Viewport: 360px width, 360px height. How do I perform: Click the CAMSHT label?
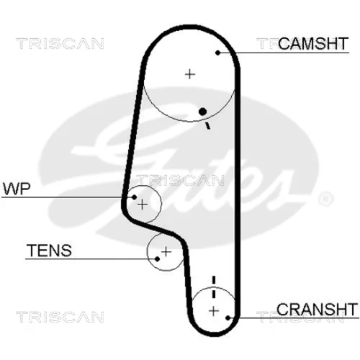click(313, 44)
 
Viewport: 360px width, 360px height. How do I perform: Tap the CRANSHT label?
click(317, 310)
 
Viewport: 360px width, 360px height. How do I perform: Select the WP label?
click(17, 189)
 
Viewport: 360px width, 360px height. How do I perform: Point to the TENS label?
click(49, 251)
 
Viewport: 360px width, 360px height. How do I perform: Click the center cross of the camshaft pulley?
click(190, 74)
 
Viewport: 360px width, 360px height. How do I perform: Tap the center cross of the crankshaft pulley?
click(214, 311)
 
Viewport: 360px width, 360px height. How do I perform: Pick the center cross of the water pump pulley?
click(143, 205)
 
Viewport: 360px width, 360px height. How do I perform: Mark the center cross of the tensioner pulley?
click(166, 252)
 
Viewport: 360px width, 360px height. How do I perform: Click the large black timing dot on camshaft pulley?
click(203, 112)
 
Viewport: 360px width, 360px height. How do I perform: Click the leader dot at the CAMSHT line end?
click(217, 53)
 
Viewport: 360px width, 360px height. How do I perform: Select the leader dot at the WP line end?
click(134, 197)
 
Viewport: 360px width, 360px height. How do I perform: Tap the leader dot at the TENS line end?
click(157, 259)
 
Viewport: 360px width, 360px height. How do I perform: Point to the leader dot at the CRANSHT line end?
click(228, 318)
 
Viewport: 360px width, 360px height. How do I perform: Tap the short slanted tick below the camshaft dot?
click(207, 126)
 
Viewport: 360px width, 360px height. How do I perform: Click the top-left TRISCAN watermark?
click(60, 44)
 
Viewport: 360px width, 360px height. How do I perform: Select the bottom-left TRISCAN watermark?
click(60, 317)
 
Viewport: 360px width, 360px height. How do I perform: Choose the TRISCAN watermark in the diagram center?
click(180, 180)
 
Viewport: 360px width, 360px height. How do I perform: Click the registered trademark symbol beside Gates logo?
click(325, 199)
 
